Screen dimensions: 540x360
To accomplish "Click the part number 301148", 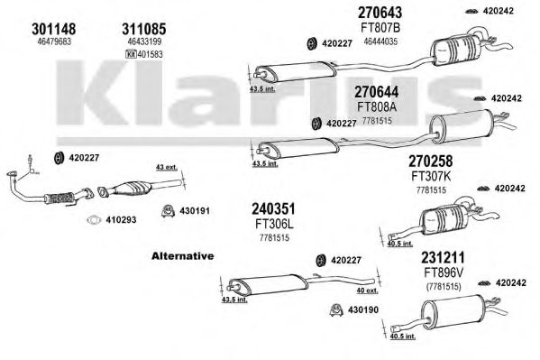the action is coord(54,29).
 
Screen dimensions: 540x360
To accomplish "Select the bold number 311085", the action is coord(144,29).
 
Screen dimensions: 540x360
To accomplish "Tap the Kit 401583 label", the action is coord(143,54).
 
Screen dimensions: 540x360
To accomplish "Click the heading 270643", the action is coord(380,13).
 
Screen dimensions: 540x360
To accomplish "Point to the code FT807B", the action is coord(380,28).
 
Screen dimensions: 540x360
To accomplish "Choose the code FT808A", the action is coord(377,106).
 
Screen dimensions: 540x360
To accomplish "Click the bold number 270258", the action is coord(431,161).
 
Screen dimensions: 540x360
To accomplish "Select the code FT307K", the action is coord(431,176).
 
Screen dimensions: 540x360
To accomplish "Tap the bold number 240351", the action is coord(273,208).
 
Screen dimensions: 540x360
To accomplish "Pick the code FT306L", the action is coord(274,224).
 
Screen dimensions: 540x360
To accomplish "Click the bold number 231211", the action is coord(443,257).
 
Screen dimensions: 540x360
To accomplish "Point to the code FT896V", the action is coord(444,272).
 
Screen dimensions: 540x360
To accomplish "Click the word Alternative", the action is coord(182,256).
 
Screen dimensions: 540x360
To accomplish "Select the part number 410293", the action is coord(121,219).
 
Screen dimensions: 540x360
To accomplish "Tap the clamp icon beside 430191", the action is coord(168,211).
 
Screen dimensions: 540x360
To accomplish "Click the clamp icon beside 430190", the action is coord(335,310).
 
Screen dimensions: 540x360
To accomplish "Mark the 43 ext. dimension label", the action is coord(167,167).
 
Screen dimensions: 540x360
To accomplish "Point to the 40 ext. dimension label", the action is coord(367,291).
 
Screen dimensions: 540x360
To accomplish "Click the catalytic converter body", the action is coord(133,188).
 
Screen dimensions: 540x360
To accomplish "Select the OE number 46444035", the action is coord(380,42).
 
